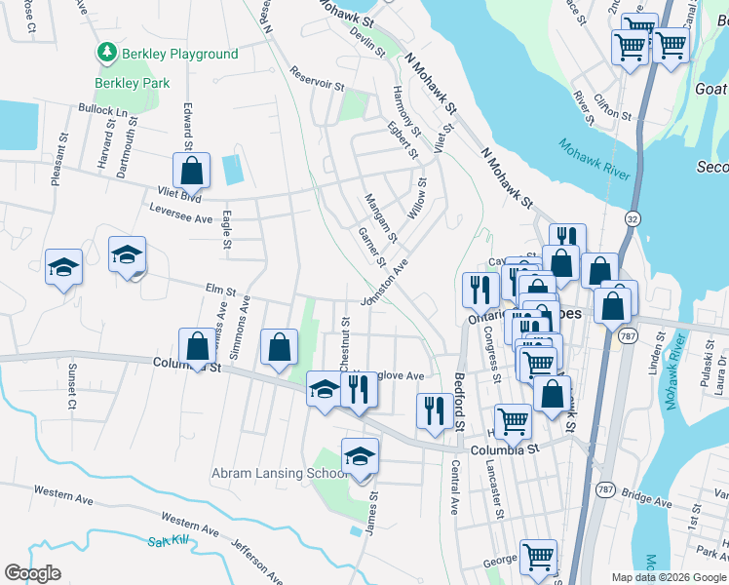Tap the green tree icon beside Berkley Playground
pyautogui.click(x=103, y=52)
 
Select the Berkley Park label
pyautogui.click(x=125, y=84)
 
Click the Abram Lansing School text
pyautogui.click(x=279, y=474)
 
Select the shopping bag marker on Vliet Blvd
pyautogui.click(x=192, y=171)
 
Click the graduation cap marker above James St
pyautogui.click(x=360, y=456)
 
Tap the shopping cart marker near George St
pyautogui.click(x=538, y=557)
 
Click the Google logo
pyautogui.click(x=32, y=573)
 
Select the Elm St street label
pyautogui.click(x=221, y=291)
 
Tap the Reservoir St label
pyautogui.click(x=318, y=79)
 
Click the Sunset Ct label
pyautogui.click(x=70, y=386)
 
